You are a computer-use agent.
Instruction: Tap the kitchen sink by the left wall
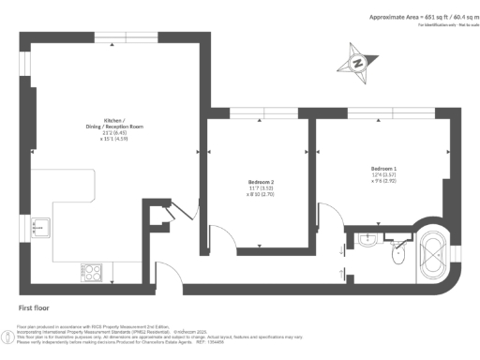coord(40,227)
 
